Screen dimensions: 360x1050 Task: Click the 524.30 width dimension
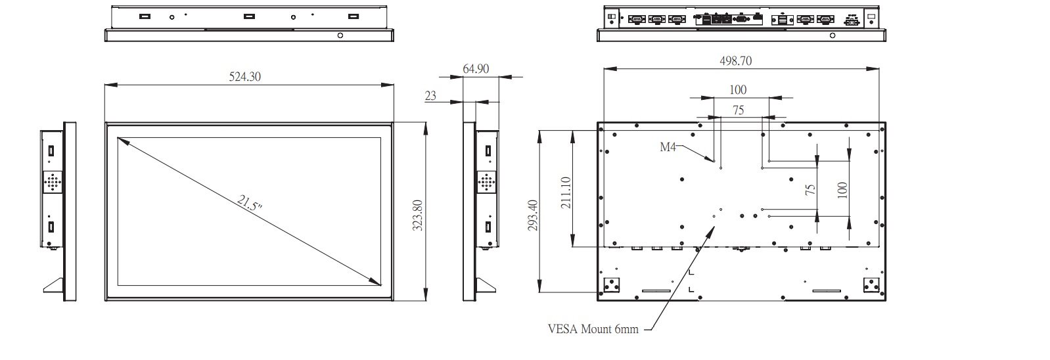pos(244,77)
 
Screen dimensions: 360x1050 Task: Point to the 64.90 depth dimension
pos(476,69)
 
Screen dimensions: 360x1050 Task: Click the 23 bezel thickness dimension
pos(430,96)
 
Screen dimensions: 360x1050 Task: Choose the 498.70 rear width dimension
pos(736,61)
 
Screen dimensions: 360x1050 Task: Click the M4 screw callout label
pos(668,147)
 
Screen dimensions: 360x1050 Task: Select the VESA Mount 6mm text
pos(593,329)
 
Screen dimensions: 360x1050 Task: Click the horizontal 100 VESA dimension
pos(738,89)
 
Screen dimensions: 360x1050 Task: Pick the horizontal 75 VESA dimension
pos(739,110)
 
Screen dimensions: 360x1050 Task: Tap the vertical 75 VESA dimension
pos(810,189)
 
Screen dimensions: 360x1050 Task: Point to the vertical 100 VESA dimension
pos(842,189)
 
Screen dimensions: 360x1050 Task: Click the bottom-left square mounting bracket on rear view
pos(611,285)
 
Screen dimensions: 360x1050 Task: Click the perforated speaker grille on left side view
pos(53,181)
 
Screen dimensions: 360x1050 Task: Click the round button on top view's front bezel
pos(340,35)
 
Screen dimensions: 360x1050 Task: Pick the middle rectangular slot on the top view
pos(249,16)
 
